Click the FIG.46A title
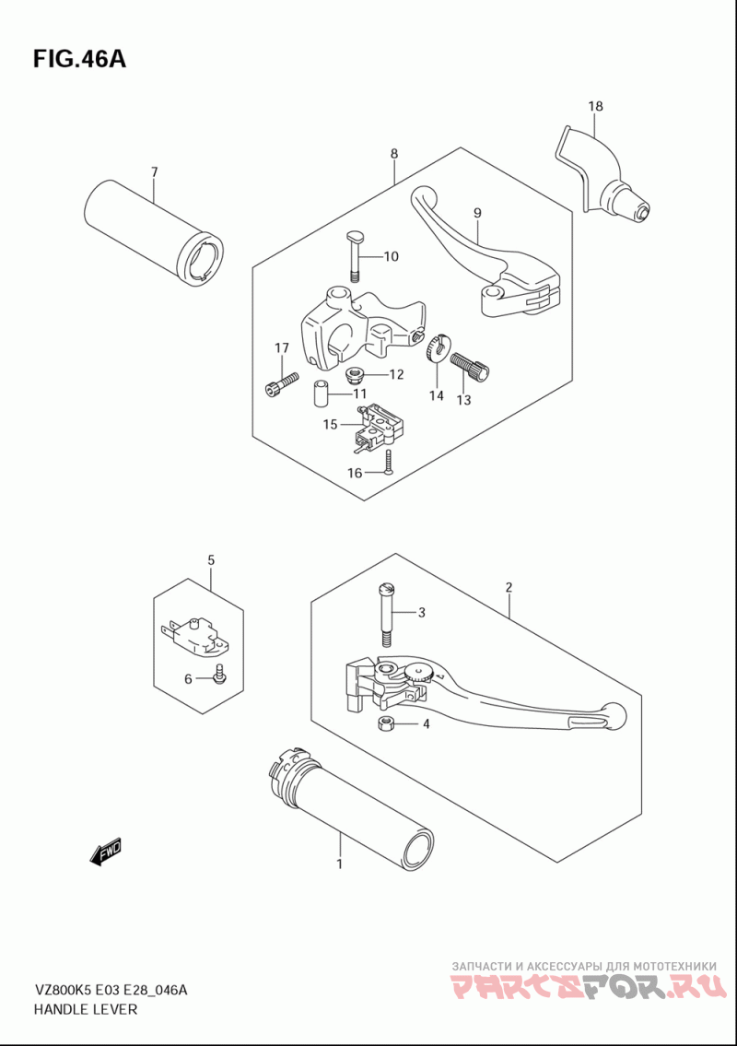pyautogui.click(x=79, y=59)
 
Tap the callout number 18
pyautogui.click(x=596, y=106)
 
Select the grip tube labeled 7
pyautogui.click(x=154, y=234)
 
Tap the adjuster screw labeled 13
pyautogui.click(x=470, y=367)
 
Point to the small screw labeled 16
pyautogui.click(x=389, y=463)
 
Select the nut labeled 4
pyautogui.click(x=384, y=723)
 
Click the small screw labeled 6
pyautogui.click(x=218, y=676)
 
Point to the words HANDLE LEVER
pyautogui.click(x=85, y=1008)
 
